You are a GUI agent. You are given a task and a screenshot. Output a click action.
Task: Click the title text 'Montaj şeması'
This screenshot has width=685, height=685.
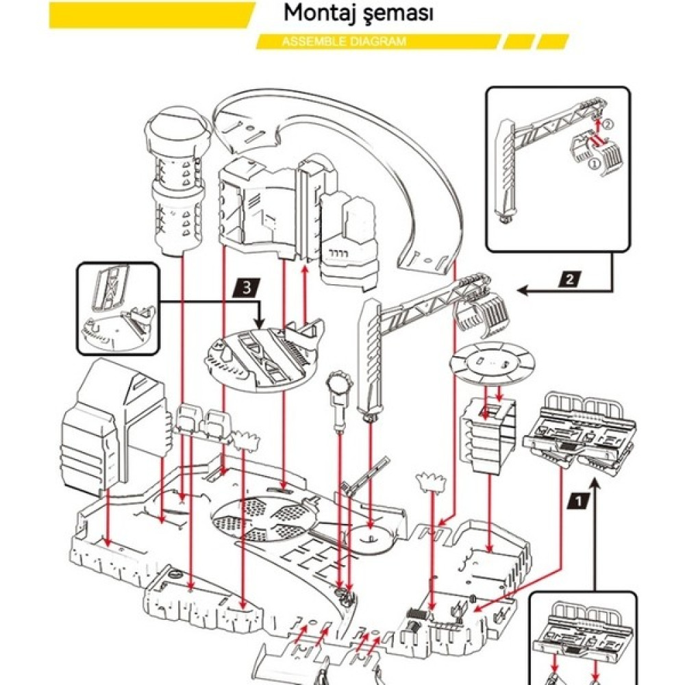click(x=358, y=14)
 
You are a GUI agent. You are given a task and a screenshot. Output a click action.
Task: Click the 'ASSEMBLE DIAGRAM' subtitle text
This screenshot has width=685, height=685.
click(x=344, y=42)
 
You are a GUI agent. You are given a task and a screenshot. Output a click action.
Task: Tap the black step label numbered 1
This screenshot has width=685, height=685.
click(x=578, y=501)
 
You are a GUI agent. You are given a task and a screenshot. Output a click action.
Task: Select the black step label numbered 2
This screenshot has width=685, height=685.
click(x=570, y=279)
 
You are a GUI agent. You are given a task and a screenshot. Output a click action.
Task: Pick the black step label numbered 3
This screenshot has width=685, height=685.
click(x=247, y=288)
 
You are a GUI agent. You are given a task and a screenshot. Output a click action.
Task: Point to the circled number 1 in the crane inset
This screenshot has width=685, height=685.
click(x=594, y=164)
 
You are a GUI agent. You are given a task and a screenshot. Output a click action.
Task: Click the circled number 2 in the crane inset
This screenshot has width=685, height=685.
click(x=608, y=124)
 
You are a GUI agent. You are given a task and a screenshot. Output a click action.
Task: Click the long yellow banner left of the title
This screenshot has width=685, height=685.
click(x=152, y=15)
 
